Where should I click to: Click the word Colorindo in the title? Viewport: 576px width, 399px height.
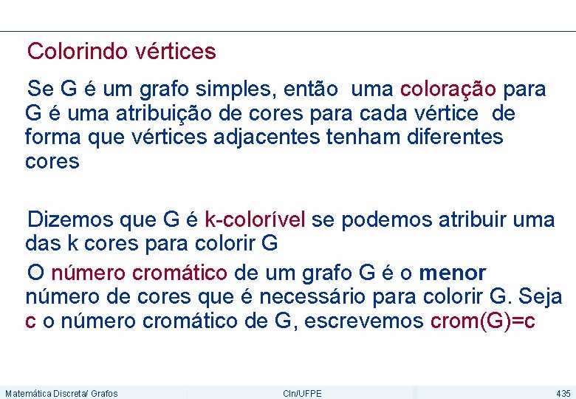pos(79,52)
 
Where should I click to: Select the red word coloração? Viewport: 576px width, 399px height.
pos(448,90)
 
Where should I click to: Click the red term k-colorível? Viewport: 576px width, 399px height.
pos(255,219)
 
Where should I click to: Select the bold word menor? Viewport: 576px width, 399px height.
pos(453,273)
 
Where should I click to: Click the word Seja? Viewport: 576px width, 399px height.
pos(541,297)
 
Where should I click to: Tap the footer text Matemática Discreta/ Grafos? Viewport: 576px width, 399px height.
pos(61,393)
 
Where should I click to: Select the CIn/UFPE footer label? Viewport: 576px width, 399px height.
pos(302,393)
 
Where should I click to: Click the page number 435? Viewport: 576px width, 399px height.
pos(563,393)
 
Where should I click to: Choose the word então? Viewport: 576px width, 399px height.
pos(309,90)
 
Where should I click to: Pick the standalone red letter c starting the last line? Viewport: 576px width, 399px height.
pos(30,321)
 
